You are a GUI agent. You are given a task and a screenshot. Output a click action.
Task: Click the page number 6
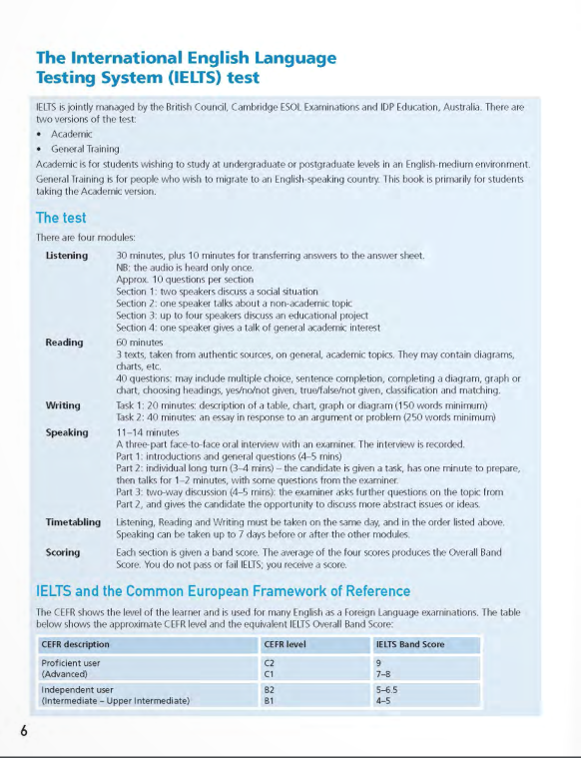tap(23, 730)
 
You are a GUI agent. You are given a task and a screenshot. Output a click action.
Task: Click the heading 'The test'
tap(61, 218)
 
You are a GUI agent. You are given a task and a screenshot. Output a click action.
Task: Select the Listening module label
tap(67, 256)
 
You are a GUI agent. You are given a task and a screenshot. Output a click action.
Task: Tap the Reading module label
tap(64, 343)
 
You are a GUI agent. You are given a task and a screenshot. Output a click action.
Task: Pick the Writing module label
tap(63, 406)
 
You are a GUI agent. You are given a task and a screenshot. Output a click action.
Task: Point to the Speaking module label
tap(66, 432)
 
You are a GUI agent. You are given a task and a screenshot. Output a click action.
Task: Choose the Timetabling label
tap(73, 522)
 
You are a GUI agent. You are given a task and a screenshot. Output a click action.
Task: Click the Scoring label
tap(63, 551)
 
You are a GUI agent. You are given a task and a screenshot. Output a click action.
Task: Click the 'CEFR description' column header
tap(76, 644)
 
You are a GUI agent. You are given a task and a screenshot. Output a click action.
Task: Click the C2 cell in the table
tap(269, 662)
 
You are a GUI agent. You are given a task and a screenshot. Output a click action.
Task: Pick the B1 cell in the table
tap(269, 701)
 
